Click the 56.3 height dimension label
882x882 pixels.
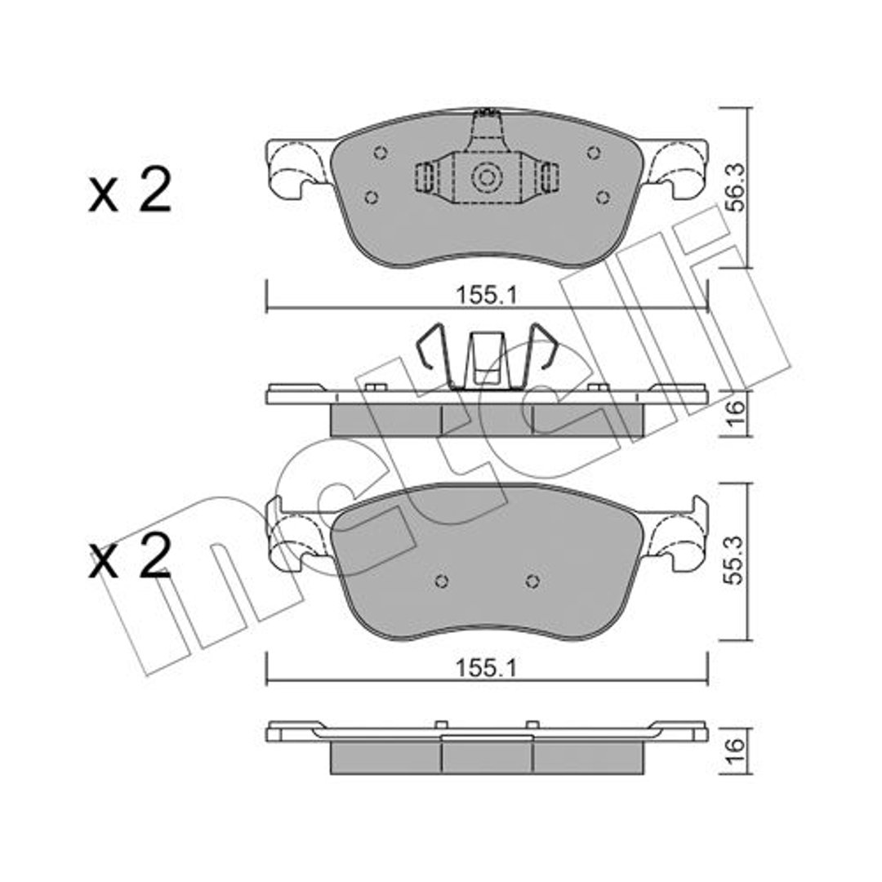(735, 187)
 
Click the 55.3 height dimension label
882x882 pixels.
(735, 561)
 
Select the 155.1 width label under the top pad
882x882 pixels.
(486, 295)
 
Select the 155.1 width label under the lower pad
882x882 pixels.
(486, 668)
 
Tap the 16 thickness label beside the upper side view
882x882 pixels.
(735, 412)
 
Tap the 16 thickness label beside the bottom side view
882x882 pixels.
(735, 751)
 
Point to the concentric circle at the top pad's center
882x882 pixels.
(487, 178)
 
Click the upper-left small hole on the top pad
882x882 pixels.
(381, 153)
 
